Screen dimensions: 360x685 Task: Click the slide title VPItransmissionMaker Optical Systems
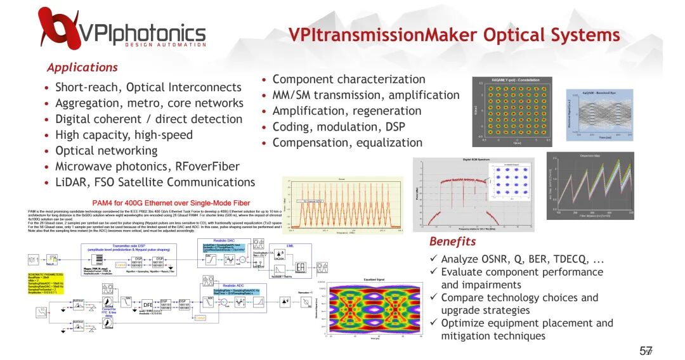[454, 34]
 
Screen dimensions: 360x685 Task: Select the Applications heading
[82, 67]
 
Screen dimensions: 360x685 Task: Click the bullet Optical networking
[106, 150]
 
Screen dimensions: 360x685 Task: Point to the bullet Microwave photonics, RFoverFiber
[147, 166]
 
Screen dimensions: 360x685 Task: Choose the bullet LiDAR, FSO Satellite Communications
[155, 182]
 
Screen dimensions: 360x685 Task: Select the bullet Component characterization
[348, 79]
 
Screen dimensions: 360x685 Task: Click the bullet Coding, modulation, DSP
[347, 127]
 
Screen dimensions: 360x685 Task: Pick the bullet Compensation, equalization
[347, 143]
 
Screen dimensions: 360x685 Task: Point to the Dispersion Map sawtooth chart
[590, 185]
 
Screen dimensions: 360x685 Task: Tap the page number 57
[646, 350]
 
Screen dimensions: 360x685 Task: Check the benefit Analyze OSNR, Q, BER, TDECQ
[522, 259]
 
